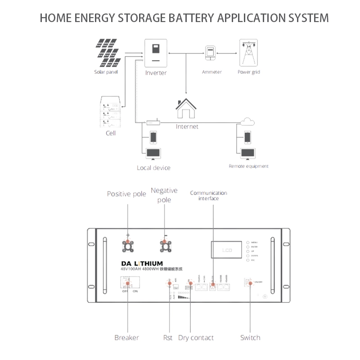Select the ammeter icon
pos(210,53)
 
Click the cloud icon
pos(247,121)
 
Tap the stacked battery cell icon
pos(110,112)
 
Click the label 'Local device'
pos(153,168)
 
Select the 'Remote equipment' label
pos(248,166)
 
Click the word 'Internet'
pos(187,127)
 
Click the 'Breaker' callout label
pos(126,337)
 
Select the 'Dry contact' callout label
pos(196,337)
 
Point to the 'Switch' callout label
pos(250,337)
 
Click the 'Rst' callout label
pos(167,337)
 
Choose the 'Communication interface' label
pos(208,195)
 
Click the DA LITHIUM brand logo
pos(142,263)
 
